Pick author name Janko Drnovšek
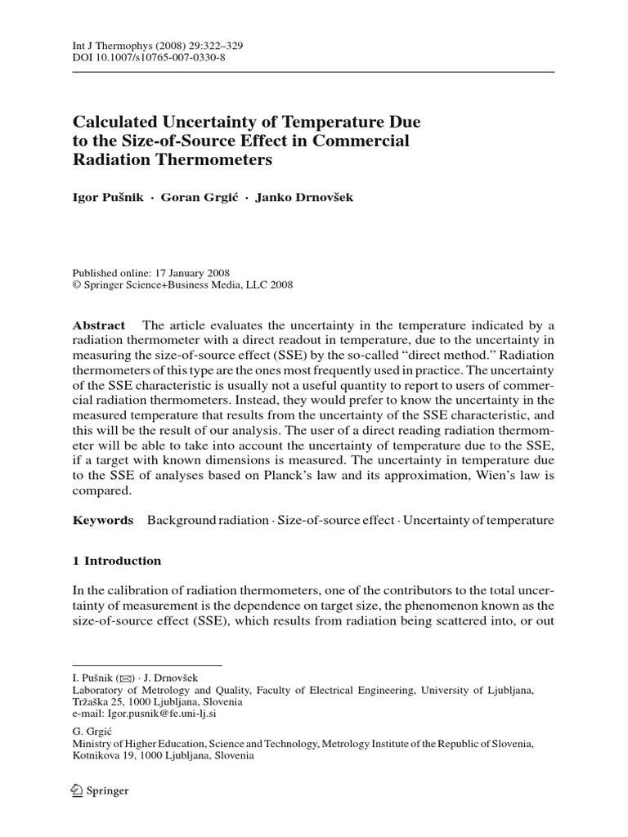(303, 199)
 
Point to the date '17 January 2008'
(189, 273)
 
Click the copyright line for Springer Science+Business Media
(182, 285)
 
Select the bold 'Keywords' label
(103, 520)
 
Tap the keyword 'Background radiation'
(208, 520)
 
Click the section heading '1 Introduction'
(117, 561)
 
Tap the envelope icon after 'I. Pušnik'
(124, 678)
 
